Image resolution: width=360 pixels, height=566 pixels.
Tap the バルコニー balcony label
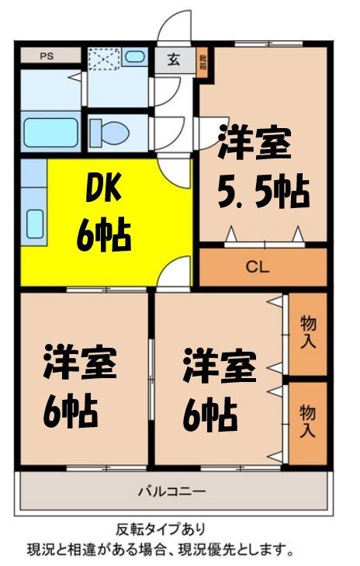[171, 491]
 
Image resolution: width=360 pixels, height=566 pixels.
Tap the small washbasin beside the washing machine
[135, 57]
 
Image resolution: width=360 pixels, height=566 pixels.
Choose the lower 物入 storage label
[308, 422]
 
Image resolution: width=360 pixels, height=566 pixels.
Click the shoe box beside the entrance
[202, 61]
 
